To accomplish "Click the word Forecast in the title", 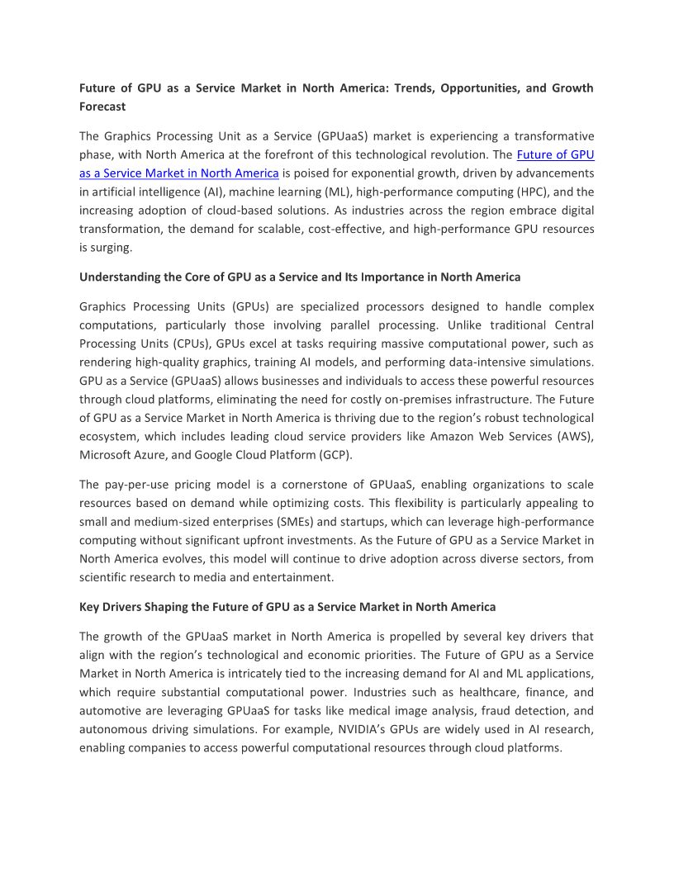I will [x=102, y=107].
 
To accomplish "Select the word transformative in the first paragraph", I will [x=553, y=135].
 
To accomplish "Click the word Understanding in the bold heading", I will [x=118, y=277].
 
